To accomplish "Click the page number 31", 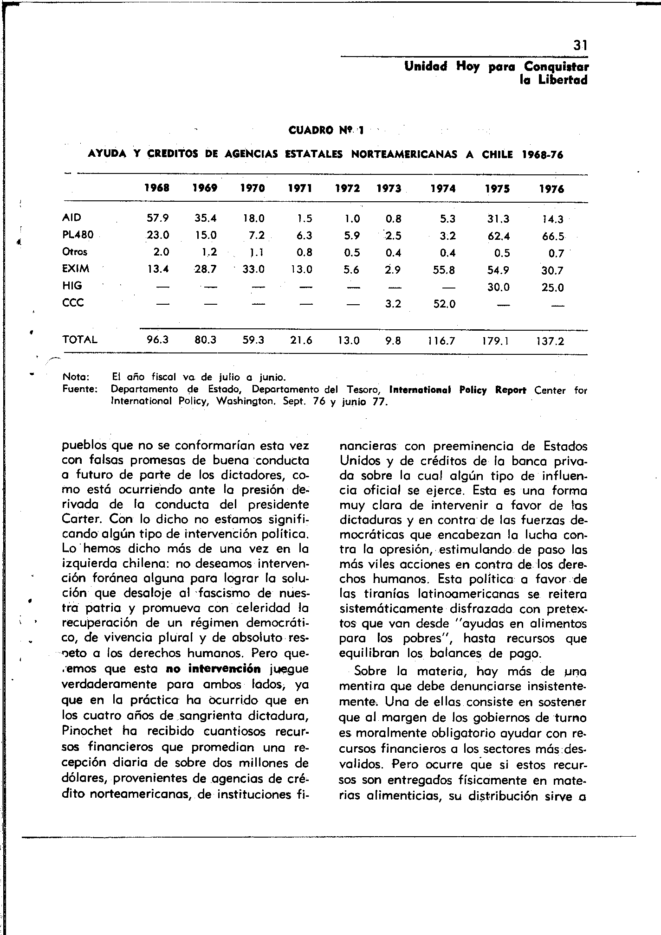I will pyautogui.click(x=580, y=45).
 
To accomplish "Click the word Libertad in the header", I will pyautogui.click(x=563, y=80).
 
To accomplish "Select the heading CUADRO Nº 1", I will pyautogui.click(x=326, y=131).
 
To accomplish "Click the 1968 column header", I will pyautogui.click(x=157, y=189).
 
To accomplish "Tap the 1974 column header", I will pyautogui.click(x=443, y=189).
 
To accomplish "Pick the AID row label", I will pyautogui.click(x=71, y=218).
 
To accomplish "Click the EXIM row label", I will pyautogui.click(x=76, y=269).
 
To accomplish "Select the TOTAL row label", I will pyautogui.click(x=80, y=340).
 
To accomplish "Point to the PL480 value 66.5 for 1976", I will pyautogui.click(x=553, y=236).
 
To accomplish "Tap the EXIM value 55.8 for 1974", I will pyautogui.click(x=444, y=270).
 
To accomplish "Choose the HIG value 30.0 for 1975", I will pyautogui.click(x=498, y=288).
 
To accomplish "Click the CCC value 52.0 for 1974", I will pyautogui.click(x=444, y=304).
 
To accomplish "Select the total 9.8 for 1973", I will pyautogui.click(x=393, y=341).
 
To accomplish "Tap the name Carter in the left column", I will pyautogui.click(x=78, y=519).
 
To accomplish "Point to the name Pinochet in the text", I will pyautogui.click(x=87, y=731).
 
